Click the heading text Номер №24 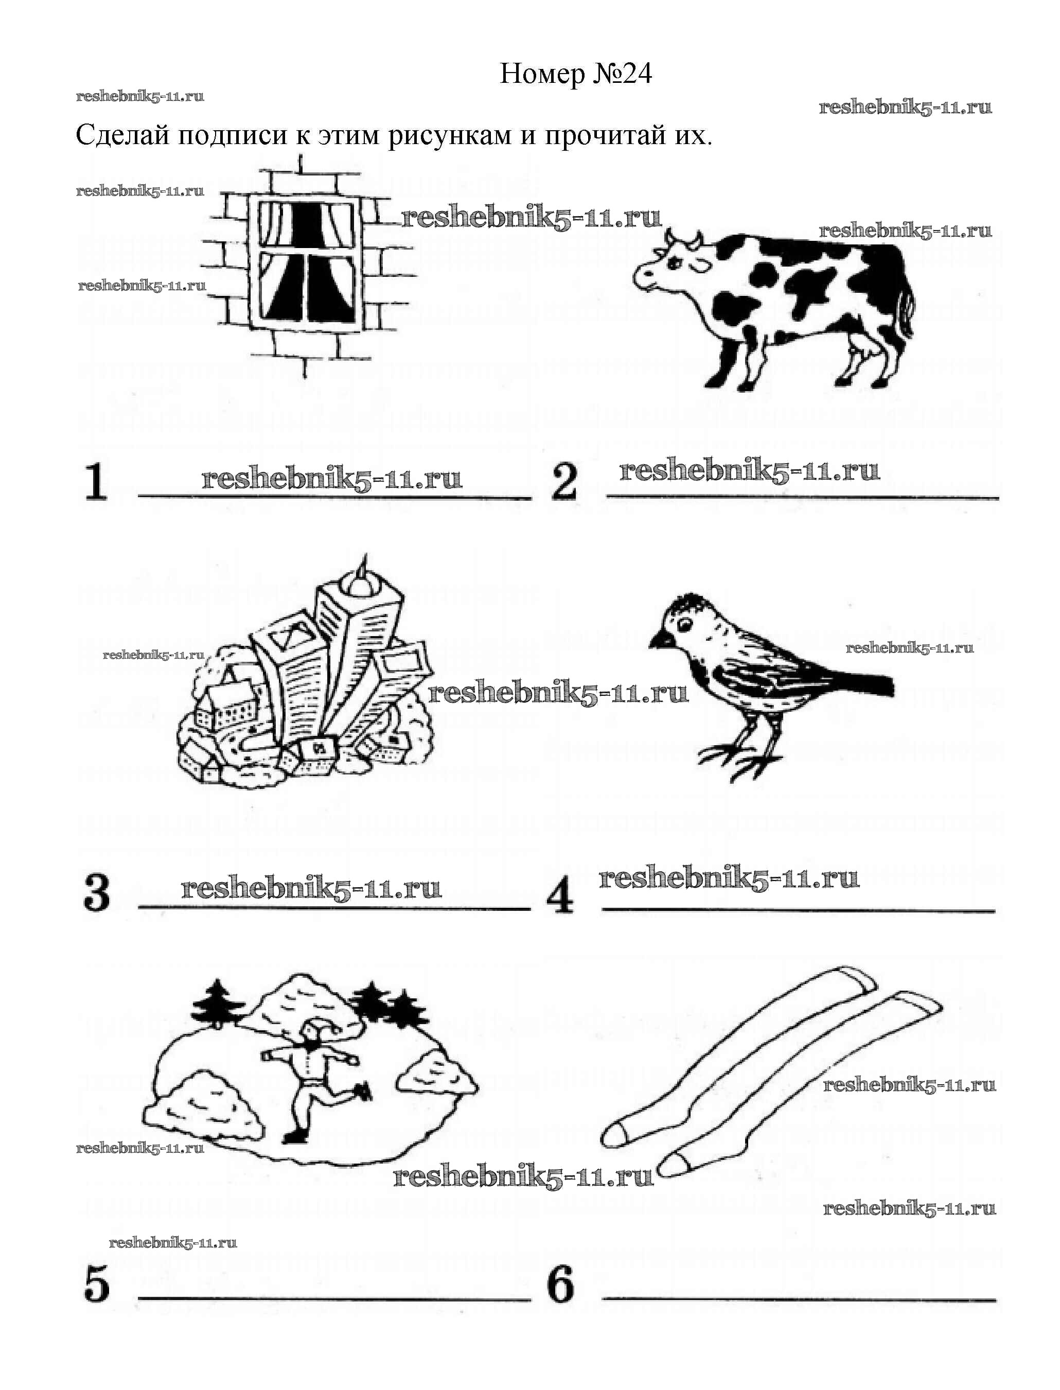(575, 75)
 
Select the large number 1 (96, 482)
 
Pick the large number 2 (563, 482)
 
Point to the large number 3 (97, 893)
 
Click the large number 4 (560, 895)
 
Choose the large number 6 (561, 1285)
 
